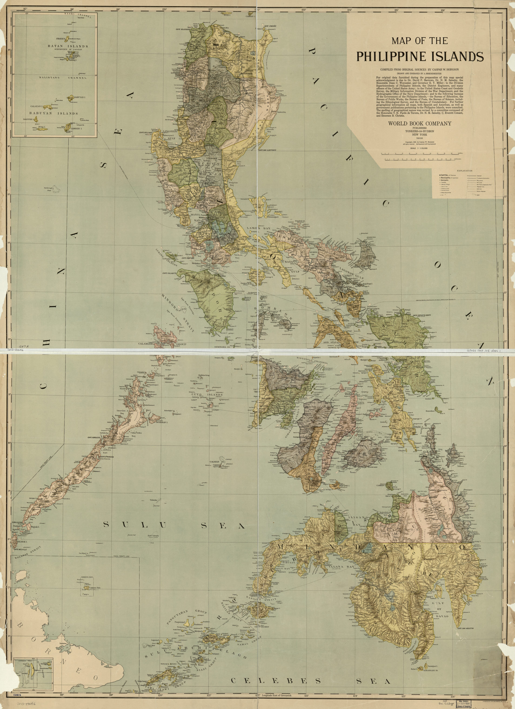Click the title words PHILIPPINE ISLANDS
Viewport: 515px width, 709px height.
point(420,56)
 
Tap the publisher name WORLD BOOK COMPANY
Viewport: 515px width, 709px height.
point(420,124)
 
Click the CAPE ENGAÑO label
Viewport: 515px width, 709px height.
point(271,26)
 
